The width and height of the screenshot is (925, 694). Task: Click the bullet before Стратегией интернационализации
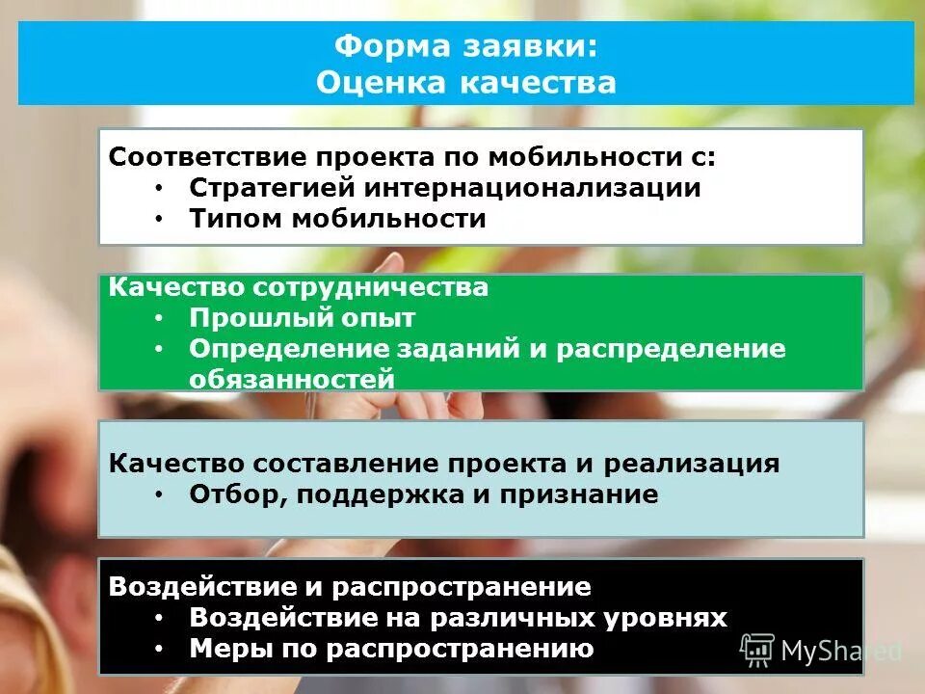coord(158,187)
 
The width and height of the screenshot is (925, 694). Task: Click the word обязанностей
coord(292,379)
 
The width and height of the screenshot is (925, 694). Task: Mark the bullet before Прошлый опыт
coord(158,317)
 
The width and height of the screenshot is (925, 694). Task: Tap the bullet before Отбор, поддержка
coord(158,494)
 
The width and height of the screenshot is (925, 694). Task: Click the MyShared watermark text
coord(840,652)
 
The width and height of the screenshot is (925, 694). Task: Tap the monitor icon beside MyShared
coord(757,651)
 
